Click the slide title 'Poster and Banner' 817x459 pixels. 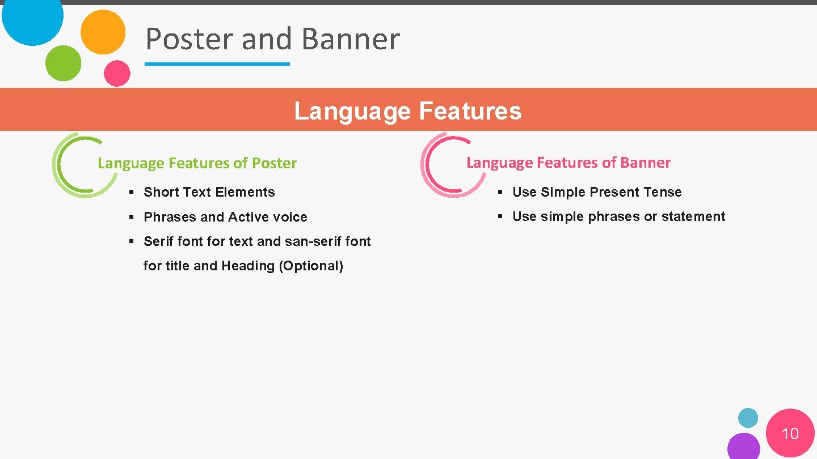tap(272, 39)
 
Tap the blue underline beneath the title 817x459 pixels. tap(217, 64)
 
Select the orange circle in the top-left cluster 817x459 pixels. tap(103, 32)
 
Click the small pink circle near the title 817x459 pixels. tap(117, 73)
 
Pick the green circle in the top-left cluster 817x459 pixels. tap(63, 63)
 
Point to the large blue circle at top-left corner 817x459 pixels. tap(32, 17)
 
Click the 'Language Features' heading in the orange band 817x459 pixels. tap(407, 110)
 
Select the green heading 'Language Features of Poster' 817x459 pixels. tap(197, 163)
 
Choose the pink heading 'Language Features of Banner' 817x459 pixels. tap(568, 163)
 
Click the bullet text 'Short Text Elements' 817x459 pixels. tap(209, 192)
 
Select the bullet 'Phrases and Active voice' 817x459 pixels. tap(225, 217)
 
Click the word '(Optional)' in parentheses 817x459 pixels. tap(311, 266)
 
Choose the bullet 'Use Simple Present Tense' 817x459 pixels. tap(596, 192)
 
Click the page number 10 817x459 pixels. tap(790, 434)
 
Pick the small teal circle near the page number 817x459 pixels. tap(748, 418)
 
